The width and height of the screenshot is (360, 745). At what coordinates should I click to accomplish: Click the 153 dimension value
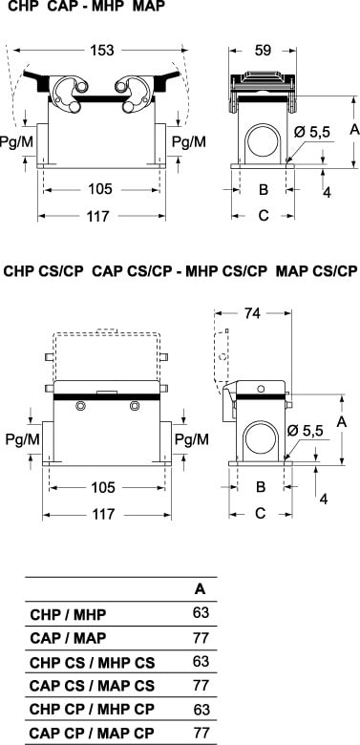pyautogui.click(x=101, y=50)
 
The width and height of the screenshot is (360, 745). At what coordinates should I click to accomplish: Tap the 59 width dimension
pyautogui.click(x=263, y=50)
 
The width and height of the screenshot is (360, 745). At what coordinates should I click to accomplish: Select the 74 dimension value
pyautogui.click(x=253, y=313)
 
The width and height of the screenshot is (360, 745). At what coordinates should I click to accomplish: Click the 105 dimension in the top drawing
pyautogui.click(x=99, y=189)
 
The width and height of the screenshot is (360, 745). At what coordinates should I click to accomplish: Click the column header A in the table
pyautogui.click(x=201, y=589)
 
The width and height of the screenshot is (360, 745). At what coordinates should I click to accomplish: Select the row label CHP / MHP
pyautogui.click(x=68, y=615)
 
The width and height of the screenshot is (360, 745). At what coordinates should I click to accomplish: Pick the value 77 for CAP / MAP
pyautogui.click(x=201, y=638)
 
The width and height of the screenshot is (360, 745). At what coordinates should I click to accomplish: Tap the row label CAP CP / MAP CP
pyautogui.click(x=92, y=733)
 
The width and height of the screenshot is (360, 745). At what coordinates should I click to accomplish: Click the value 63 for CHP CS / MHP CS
pyautogui.click(x=201, y=661)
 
